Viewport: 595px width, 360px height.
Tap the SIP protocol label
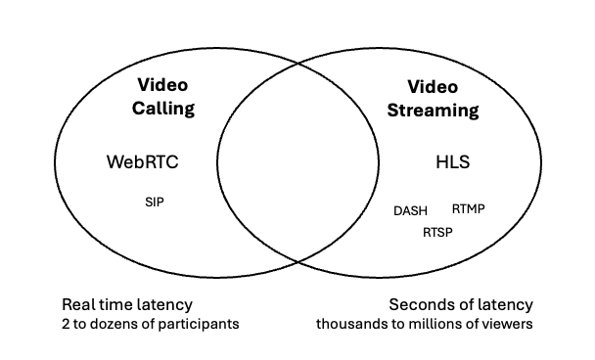(x=155, y=202)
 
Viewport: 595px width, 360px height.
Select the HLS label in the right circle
(x=452, y=162)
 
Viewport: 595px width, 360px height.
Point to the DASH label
(x=411, y=210)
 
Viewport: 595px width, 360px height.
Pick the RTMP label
(x=469, y=208)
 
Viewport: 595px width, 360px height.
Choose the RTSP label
(x=438, y=233)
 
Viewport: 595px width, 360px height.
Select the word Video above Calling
(x=162, y=85)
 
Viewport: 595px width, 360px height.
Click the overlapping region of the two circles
(x=297, y=162)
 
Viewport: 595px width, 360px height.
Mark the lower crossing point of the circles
(x=297, y=260)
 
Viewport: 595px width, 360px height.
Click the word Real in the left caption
(x=79, y=304)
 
